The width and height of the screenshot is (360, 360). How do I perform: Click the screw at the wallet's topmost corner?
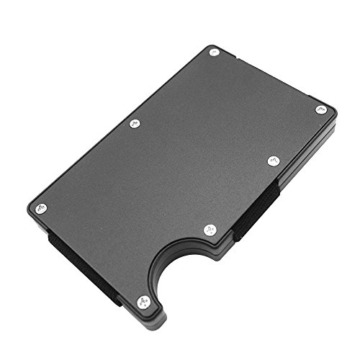(x=214, y=52)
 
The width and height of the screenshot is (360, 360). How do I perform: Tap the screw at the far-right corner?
(x=321, y=109)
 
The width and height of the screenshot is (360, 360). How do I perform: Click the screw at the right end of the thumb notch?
(x=210, y=230)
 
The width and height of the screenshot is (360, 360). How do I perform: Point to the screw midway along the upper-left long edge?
(x=134, y=124)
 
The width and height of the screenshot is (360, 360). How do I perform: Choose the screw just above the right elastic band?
(x=273, y=161)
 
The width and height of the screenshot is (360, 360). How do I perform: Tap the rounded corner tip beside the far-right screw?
(x=332, y=108)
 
